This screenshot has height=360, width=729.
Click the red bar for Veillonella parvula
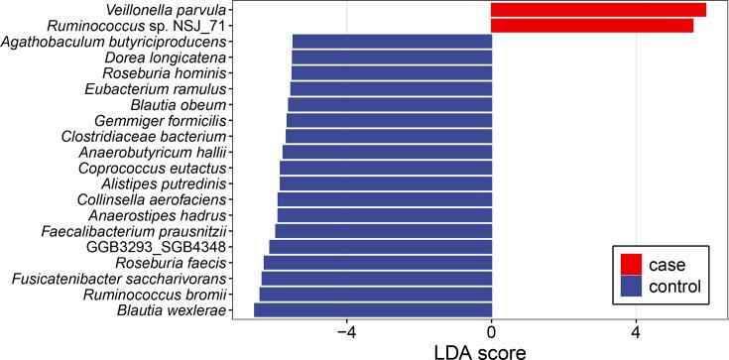pyautogui.click(x=598, y=10)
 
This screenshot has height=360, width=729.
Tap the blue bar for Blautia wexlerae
pyautogui.click(x=373, y=310)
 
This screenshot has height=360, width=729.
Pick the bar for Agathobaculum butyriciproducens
pyautogui.click(x=392, y=42)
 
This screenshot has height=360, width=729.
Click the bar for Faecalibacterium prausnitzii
pyautogui.click(x=383, y=231)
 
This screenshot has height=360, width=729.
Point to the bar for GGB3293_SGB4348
pyautogui.click(x=380, y=247)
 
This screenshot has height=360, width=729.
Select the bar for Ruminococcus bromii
pyautogui.click(x=375, y=295)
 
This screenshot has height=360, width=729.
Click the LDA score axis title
pyautogui.click(x=490, y=350)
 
